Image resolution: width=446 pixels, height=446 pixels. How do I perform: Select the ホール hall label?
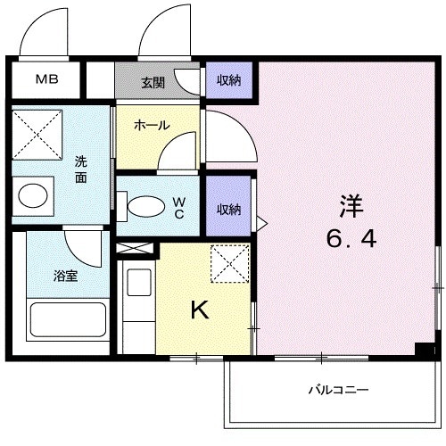pyautogui.click(x=152, y=126)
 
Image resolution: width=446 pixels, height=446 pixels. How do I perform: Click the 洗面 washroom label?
pyautogui.click(x=81, y=169)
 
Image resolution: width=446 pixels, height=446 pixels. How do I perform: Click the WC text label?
pyautogui.click(x=179, y=209)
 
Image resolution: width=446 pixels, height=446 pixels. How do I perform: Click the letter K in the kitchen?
pyautogui.click(x=201, y=310)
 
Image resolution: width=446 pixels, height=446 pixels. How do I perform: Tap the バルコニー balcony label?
pyautogui.click(x=339, y=390)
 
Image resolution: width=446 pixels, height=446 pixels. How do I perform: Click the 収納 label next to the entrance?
pyautogui.click(x=229, y=79)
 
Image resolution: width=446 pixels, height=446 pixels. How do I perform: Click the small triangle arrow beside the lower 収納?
pyautogui.click(x=260, y=219)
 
